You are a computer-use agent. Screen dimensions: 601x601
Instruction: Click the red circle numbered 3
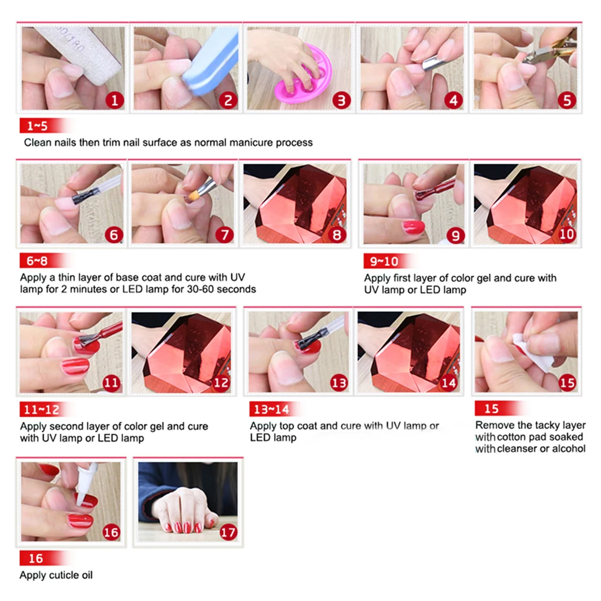pos(342,101)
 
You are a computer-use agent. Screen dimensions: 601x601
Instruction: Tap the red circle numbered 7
pos(224,234)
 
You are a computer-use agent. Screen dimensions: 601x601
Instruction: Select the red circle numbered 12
pos(221,382)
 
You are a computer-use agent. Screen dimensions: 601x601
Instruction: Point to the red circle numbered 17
pos(228,532)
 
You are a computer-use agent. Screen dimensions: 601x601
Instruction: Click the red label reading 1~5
pos(42,126)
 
